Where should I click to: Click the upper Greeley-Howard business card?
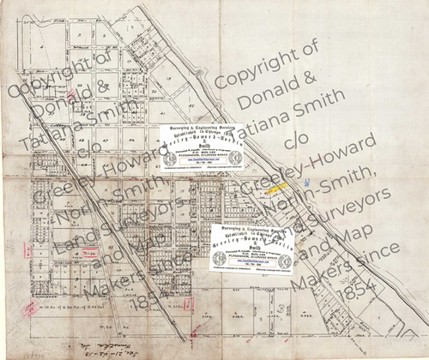point(201,146)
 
